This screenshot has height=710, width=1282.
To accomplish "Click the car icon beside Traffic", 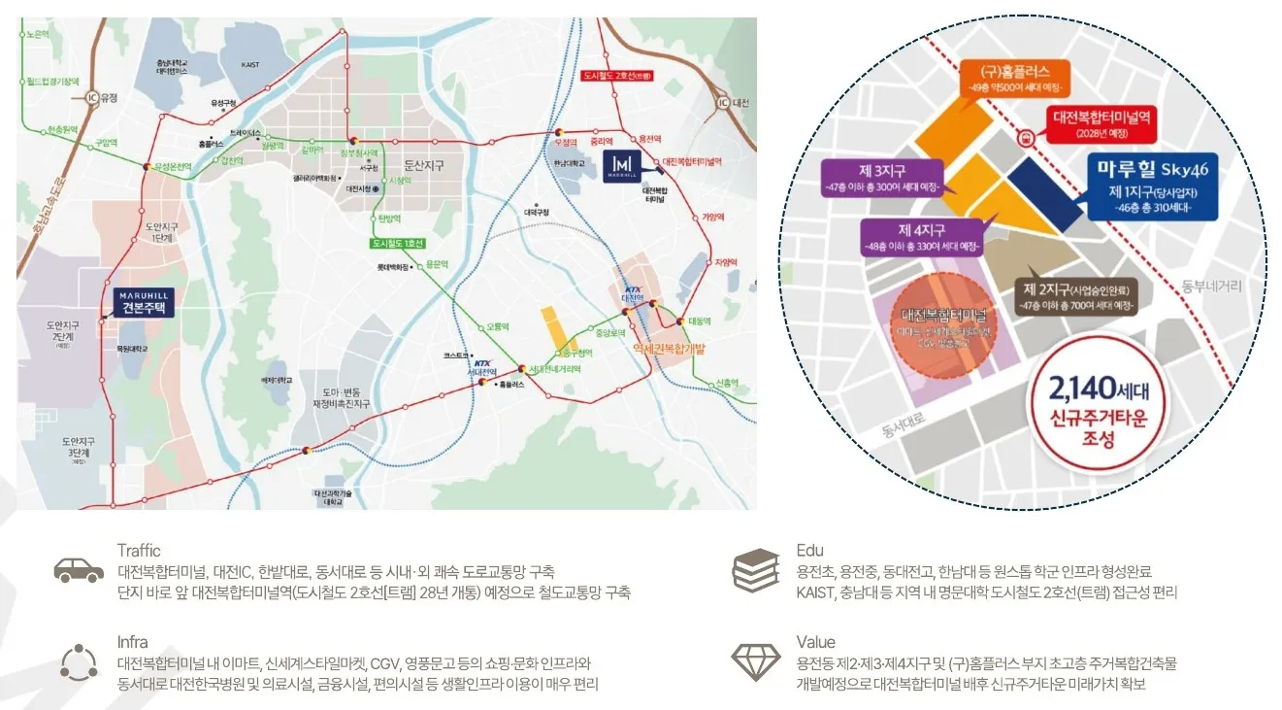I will (79, 570).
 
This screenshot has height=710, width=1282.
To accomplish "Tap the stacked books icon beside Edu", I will (756, 570).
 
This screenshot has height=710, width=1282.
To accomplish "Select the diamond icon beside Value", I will (756, 661).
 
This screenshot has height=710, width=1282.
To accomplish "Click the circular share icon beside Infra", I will (79, 661).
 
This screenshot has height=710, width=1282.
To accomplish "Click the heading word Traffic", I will (139, 551).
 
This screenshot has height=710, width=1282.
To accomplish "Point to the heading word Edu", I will (809, 551).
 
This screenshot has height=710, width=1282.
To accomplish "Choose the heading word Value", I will (815, 642).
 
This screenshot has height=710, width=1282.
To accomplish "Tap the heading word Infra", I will (132, 642).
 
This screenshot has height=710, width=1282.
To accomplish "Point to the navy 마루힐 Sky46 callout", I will (1151, 186).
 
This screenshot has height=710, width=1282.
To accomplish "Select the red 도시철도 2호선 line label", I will (615, 75).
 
